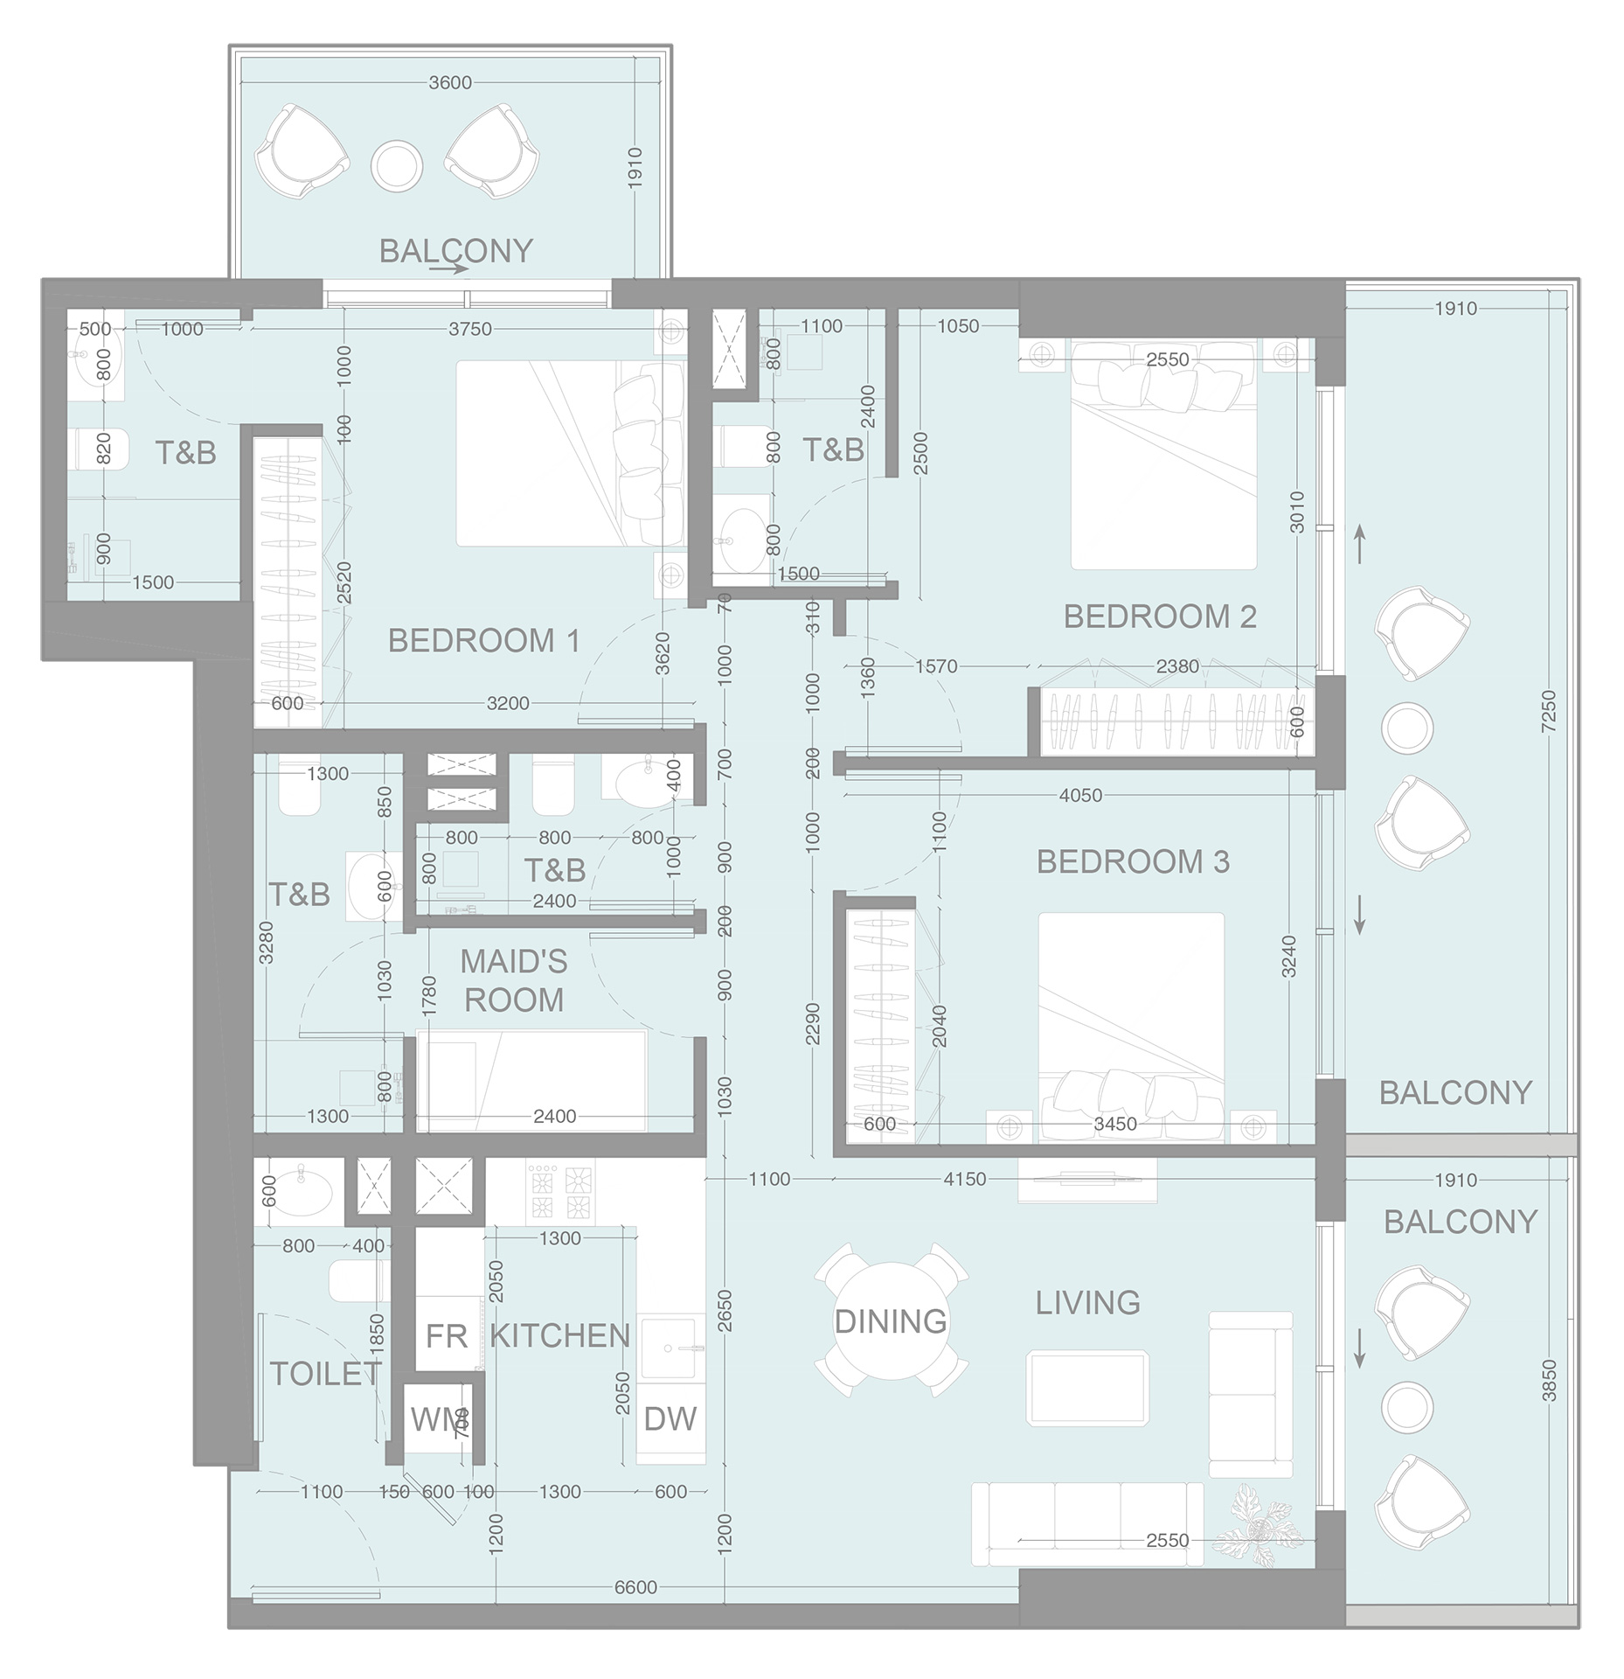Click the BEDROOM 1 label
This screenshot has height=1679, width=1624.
[483, 641]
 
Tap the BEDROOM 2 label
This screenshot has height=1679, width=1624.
[1159, 617]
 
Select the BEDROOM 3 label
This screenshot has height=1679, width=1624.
[1133, 862]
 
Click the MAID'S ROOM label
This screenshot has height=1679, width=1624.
[514, 980]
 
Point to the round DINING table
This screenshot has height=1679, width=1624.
[891, 1320]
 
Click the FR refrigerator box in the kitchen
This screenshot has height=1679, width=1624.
[447, 1335]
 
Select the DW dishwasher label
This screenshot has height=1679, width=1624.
[670, 1418]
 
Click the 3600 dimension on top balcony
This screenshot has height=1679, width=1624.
[450, 83]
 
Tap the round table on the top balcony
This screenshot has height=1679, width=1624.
[398, 166]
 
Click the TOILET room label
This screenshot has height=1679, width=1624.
[325, 1374]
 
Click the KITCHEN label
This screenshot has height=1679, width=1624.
[559, 1335]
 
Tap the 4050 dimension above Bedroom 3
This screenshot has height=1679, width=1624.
[1080, 796]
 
